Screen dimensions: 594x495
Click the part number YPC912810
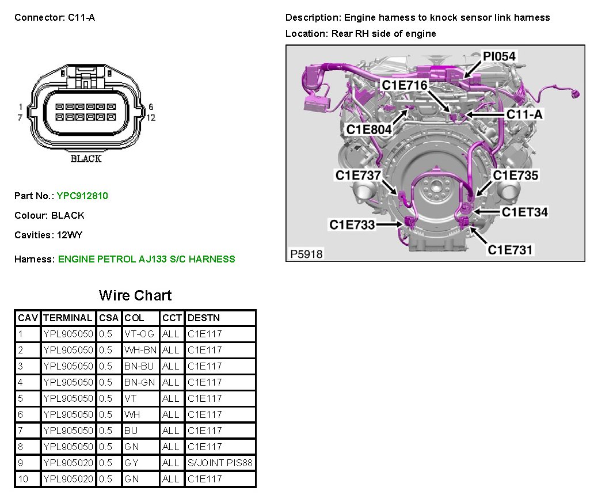(x=82, y=196)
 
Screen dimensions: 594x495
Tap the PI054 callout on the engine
(x=499, y=56)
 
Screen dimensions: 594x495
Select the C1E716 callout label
(x=405, y=85)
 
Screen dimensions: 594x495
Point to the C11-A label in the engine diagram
(x=524, y=114)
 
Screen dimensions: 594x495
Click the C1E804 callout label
(x=369, y=130)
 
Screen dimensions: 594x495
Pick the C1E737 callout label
(x=358, y=176)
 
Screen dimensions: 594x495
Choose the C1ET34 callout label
(x=525, y=212)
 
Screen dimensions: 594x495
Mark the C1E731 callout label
(x=510, y=250)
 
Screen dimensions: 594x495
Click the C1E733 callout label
(x=352, y=224)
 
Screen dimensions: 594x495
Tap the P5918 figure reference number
(x=306, y=254)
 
